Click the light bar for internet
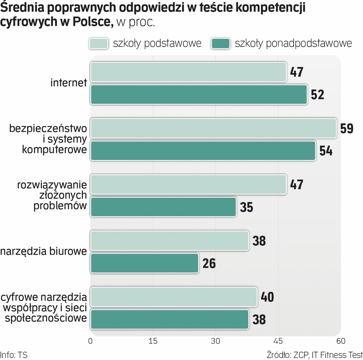pyautogui.click(x=188, y=72)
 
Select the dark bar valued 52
pyautogui.click(x=199, y=95)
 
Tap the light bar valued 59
pyautogui.click(x=213, y=128)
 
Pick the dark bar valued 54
pyautogui.click(x=203, y=151)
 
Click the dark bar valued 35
pyautogui.click(x=163, y=207)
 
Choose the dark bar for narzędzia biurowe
pyautogui.click(x=145, y=263)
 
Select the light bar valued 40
pyautogui.click(x=174, y=297)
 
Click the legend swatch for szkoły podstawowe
pyautogui.click(x=99, y=44)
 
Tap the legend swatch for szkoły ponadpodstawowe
pyautogui.click(x=220, y=44)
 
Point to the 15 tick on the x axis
pyautogui.click(x=153, y=341)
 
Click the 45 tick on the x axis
pyautogui.click(x=278, y=341)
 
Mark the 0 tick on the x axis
pyautogui.click(x=90, y=341)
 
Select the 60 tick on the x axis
pyautogui.click(x=340, y=341)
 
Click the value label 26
pyautogui.click(x=209, y=264)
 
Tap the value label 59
pyautogui.click(x=347, y=129)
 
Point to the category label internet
pyautogui.click(x=69, y=83)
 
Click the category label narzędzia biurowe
pyautogui.click(x=44, y=252)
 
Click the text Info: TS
pyautogui.click(x=14, y=355)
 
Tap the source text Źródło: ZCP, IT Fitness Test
pyautogui.click(x=314, y=355)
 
